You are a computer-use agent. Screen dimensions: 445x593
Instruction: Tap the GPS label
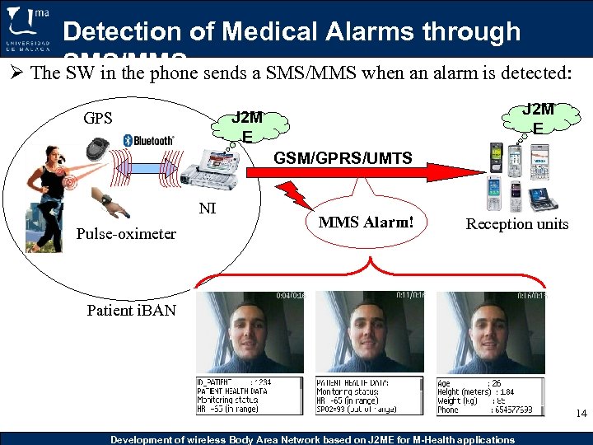click(x=97, y=117)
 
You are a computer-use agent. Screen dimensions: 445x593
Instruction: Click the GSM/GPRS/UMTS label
click(x=343, y=157)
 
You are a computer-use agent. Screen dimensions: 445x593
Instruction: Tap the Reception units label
click(x=516, y=223)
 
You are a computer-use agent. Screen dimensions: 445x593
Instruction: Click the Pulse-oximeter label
click(x=126, y=233)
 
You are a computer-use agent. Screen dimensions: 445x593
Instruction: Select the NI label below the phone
click(x=208, y=208)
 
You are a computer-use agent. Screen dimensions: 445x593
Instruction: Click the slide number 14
click(x=581, y=414)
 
